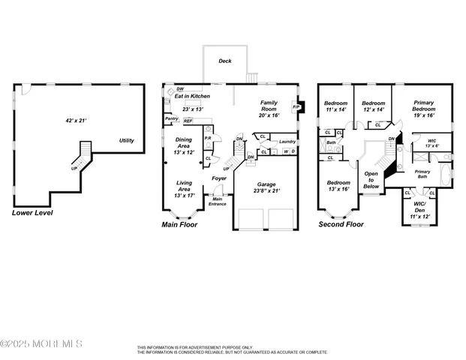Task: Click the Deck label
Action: [x=224, y=61]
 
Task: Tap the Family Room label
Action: [x=269, y=106]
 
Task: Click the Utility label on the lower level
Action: [x=126, y=140]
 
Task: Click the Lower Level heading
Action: [x=33, y=213]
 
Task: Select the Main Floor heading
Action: [x=184, y=224]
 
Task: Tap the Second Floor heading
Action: [x=341, y=224]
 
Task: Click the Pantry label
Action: [x=172, y=118]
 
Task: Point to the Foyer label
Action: [x=219, y=178]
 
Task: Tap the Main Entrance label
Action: [x=218, y=202]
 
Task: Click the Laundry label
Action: [x=287, y=142]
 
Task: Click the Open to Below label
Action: [x=371, y=179]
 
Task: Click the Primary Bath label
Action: [x=423, y=174]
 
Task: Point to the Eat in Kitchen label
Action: [x=192, y=97]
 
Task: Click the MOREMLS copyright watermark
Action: [x=41, y=343]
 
